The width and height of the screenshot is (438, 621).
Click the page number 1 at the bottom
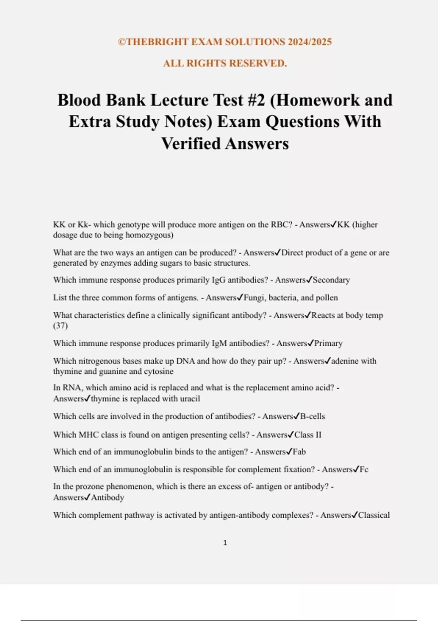click(x=225, y=543)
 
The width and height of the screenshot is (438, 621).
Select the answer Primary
click(x=328, y=343)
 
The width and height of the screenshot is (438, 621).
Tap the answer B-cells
click(x=312, y=416)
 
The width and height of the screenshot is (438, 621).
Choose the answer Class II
click(x=308, y=435)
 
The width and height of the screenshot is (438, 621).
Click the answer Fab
click(x=299, y=452)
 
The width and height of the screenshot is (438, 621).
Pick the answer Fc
click(x=364, y=469)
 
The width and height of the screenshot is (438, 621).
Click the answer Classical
click(x=374, y=515)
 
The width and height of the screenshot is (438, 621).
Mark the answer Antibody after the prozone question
click(x=107, y=498)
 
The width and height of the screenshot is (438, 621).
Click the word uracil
click(x=189, y=399)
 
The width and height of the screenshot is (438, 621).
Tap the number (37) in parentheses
click(x=61, y=325)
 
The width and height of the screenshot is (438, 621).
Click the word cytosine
click(x=159, y=372)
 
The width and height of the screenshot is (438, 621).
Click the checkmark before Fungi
click(x=240, y=298)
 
